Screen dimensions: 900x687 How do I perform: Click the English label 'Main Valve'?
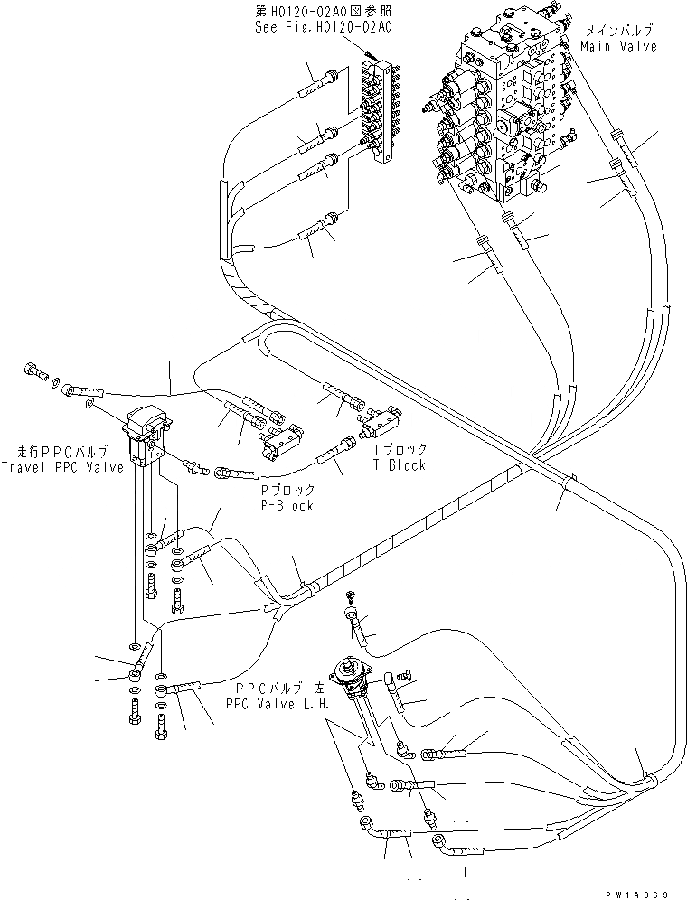point(619,45)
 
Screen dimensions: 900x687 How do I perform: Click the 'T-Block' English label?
point(399,464)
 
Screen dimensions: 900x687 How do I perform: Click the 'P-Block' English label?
point(288,505)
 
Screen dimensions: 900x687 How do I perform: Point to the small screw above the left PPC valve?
point(353,596)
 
